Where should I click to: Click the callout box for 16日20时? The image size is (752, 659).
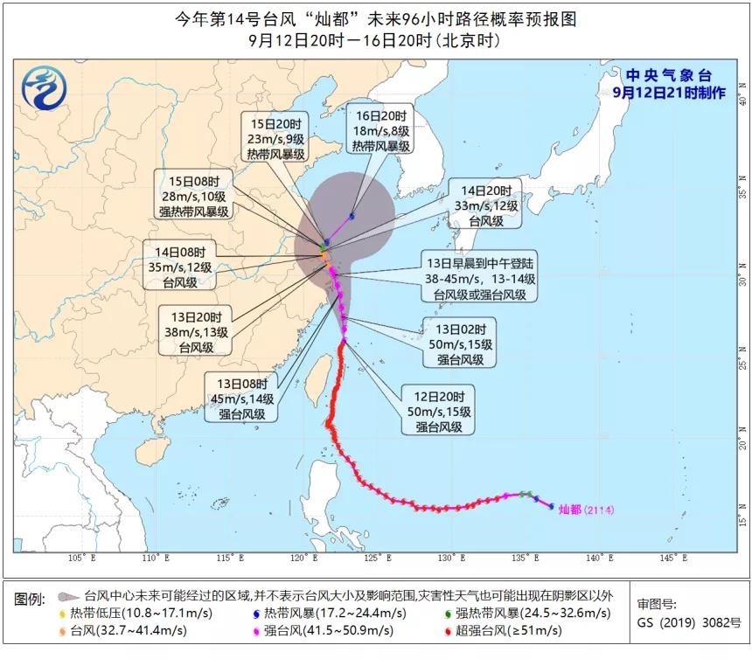(x=380, y=131)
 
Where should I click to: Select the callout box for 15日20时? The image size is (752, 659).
(x=273, y=137)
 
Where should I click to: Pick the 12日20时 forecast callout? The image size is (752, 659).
(x=436, y=409)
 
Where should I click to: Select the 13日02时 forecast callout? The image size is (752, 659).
(x=460, y=342)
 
